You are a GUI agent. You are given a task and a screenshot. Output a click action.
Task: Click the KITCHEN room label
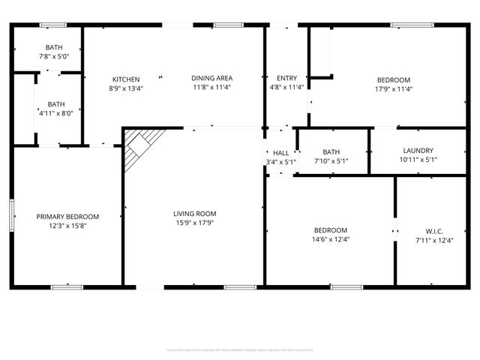pyautogui.click(x=126, y=79)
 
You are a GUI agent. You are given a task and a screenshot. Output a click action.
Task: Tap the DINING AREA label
pyautogui.click(x=211, y=78)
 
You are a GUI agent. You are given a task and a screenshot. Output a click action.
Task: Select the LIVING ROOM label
pyautogui.click(x=194, y=213)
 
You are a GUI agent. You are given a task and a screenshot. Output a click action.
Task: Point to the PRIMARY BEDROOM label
pyautogui.click(x=67, y=217)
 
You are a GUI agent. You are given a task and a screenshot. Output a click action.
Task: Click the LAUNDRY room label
pyautogui.click(x=418, y=150)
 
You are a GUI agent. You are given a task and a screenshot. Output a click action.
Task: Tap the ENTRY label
pyautogui.click(x=286, y=78)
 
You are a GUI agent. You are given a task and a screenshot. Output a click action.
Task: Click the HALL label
pyautogui.click(x=281, y=153)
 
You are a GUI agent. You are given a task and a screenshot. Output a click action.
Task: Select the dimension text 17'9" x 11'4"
pyautogui.click(x=393, y=89)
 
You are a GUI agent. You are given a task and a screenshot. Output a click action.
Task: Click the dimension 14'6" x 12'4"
pyautogui.click(x=330, y=240)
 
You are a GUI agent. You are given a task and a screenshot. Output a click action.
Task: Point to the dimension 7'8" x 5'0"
pyautogui.click(x=54, y=56)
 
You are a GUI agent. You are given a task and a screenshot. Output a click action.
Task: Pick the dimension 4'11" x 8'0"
pyautogui.click(x=56, y=113)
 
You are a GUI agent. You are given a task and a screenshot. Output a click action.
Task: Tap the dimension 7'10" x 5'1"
pyautogui.click(x=330, y=160)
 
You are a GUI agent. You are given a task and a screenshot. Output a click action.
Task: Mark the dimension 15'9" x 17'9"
pyautogui.click(x=194, y=223)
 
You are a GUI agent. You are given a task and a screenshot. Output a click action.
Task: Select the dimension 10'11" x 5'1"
pyautogui.click(x=418, y=160)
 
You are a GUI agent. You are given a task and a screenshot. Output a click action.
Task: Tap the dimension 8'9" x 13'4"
pyautogui.click(x=126, y=88)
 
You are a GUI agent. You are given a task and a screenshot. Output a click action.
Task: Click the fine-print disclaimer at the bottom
pyautogui.click(x=239, y=350)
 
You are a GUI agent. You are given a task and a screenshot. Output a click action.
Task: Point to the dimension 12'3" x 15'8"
pyautogui.click(x=67, y=226)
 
